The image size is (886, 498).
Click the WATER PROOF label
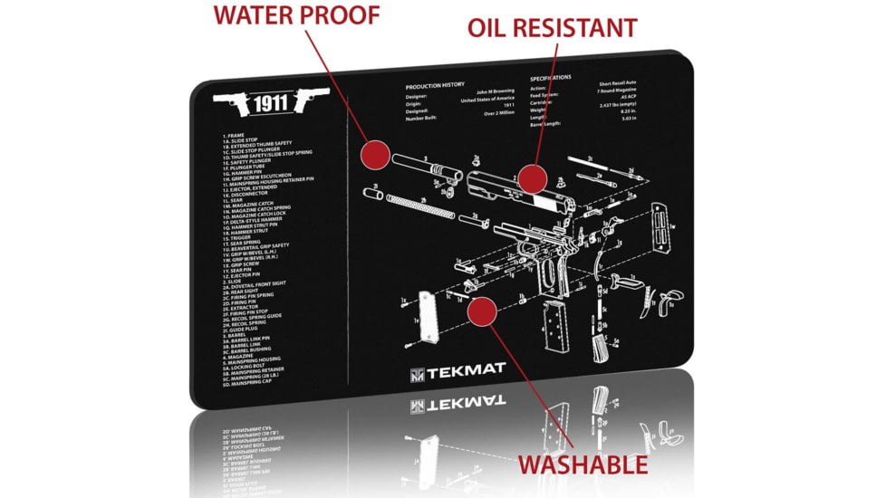pyautogui.click(x=295, y=14)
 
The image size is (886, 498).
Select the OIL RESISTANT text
pyautogui.click(x=552, y=27)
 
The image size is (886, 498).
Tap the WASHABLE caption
pyautogui.click(x=582, y=464)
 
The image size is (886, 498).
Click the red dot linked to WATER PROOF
pyautogui.click(x=373, y=155)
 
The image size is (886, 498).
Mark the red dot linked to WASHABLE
pyautogui.click(x=482, y=313)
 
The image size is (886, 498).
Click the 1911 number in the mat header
pyautogui.click(x=270, y=103)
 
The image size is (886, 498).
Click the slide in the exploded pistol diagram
pyautogui.click(x=520, y=190)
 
